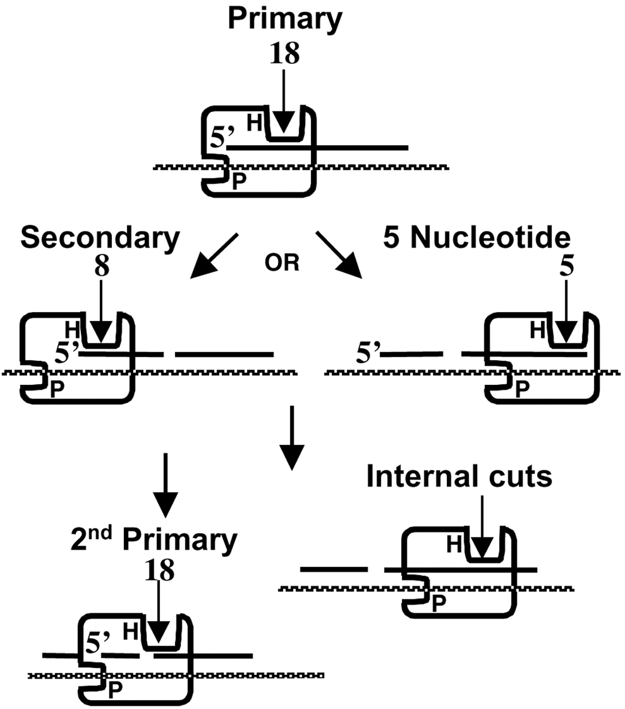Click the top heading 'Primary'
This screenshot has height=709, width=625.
[285, 19]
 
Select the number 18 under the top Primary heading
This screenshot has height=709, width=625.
[284, 54]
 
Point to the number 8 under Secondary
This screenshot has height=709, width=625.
[102, 267]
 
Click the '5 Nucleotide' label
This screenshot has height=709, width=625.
[477, 238]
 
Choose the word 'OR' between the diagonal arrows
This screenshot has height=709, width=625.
[282, 263]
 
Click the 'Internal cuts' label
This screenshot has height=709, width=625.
[459, 477]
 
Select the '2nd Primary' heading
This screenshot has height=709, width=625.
[154, 540]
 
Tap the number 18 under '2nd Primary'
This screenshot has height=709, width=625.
[159, 570]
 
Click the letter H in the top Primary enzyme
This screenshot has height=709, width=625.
[254, 123]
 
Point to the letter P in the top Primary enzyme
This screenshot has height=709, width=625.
[239, 182]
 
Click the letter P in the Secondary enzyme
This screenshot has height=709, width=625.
[57, 390]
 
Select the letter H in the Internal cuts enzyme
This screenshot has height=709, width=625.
[454, 545]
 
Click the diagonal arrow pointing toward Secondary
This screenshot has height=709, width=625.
[213, 257]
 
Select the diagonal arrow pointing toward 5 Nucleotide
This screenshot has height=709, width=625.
[339, 256]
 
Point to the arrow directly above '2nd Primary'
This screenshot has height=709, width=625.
[165, 485]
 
